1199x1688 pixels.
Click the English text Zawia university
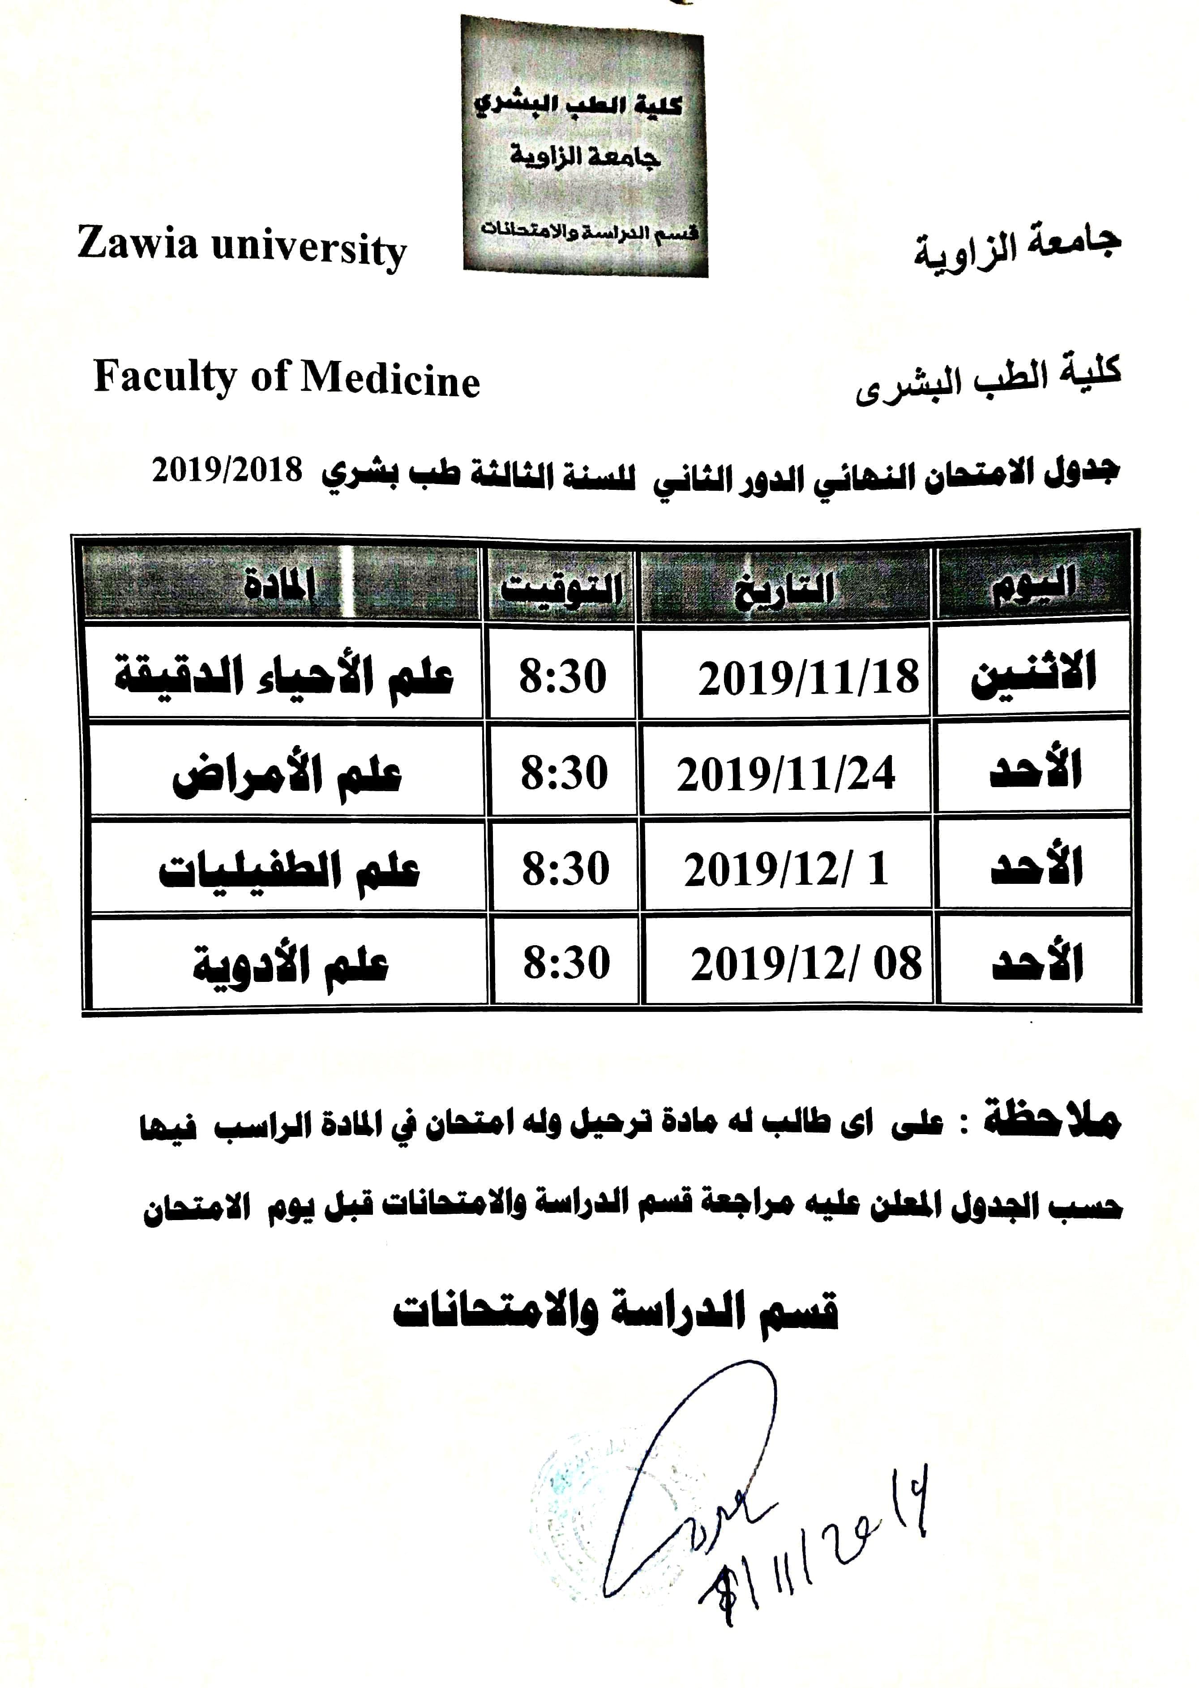pos(241,247)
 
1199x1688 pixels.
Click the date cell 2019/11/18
pos(809,678)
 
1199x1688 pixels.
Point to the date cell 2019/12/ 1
pos(786,870)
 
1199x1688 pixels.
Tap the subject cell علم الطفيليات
pos(289,870)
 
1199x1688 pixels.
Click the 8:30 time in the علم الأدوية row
pos(566,964)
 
